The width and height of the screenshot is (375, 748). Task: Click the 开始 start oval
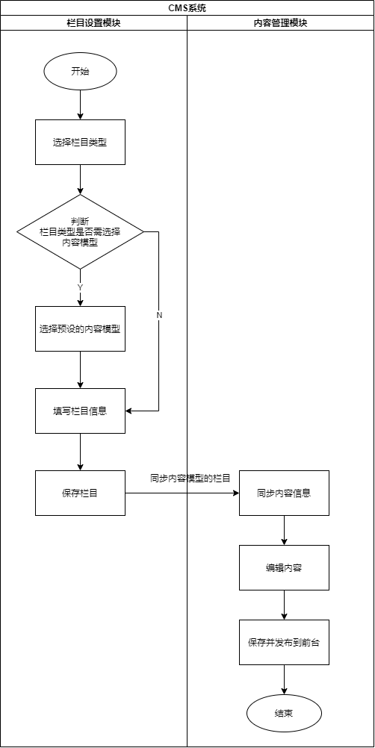pyautogui.click(x=80, y=72)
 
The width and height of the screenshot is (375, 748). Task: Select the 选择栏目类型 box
pyautogui.click(x=80, y=142)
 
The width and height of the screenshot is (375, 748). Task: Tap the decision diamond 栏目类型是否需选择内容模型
pyautogui.click(x=80, y=232)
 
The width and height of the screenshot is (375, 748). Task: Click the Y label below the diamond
pyautogui.click(x=80, y=287)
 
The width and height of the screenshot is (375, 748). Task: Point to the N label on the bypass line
pyautogui.click(x=159, y=315)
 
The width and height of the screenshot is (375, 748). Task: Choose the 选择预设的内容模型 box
pyautogui.click(x=80, y=328)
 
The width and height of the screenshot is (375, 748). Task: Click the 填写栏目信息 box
pyautogui.click(x=80, y=411)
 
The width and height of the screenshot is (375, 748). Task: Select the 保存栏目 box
pyautogui.click(x=80, y=493)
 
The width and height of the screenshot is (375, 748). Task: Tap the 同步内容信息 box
pyautogui.click(x=285, y=493)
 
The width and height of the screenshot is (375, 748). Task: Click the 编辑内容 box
pyautogui.click(x=285, y=567)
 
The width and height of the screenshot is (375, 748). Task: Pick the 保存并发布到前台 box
pyautogui.click(x=285, y=642)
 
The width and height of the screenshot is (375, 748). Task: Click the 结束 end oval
pyautogui.click(x=285, y=713)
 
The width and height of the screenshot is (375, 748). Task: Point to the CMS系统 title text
pyautogui.click(x=187, y=7)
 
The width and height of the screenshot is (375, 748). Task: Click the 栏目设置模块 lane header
pyautogui.click(x=93, y=23)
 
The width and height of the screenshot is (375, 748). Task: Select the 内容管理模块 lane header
pyautogui.click(x=281, y=23)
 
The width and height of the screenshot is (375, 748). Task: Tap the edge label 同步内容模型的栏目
pyautogui.click(x=190, y=479)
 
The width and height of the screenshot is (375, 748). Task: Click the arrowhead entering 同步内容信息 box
pyautogui.click(x=236, y=493)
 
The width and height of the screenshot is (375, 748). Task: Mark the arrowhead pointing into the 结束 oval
pyautogui.click(x=285, y=691)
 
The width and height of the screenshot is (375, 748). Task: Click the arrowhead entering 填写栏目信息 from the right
pyautogui.click(x=128, y=411)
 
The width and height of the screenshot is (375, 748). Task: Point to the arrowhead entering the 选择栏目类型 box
pyautogui.click(x=80, y=116)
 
